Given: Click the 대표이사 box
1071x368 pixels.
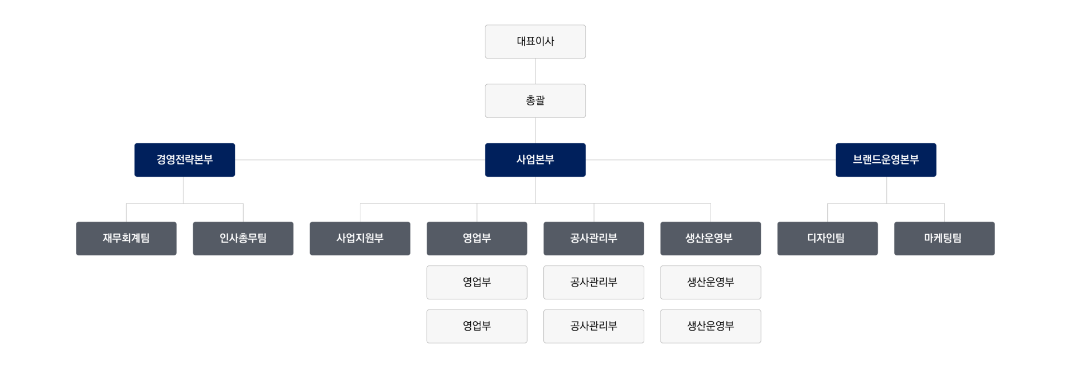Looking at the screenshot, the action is tap(535, 41).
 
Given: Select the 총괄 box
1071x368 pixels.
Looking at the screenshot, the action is tap(535, 100).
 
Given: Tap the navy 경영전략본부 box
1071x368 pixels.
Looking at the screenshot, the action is tap(185, 160).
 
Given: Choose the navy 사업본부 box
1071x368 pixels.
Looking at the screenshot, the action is tap(535, 160).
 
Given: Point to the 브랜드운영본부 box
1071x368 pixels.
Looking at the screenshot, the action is tap(886, 160).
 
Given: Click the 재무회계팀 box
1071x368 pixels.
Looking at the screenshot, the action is tap(126, 239).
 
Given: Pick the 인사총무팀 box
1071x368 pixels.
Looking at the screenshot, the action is tap(243, 239).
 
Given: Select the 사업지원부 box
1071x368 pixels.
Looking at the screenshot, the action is tap(360, 239).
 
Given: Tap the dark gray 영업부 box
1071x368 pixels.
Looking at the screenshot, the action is tap(477, 239).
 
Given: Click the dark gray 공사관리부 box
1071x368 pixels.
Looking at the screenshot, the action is tap(594, 239).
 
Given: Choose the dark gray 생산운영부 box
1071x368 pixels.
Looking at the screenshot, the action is tap(711, 239).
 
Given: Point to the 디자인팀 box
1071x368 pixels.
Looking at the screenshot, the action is tap(827, 239).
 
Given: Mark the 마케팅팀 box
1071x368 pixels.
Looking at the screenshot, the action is tap(944, 239).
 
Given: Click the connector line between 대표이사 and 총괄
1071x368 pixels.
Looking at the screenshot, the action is tap(535, 71).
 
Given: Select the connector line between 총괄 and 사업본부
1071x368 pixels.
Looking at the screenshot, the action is tap(535, 130).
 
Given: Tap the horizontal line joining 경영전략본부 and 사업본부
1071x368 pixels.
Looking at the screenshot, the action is tap(360, 160).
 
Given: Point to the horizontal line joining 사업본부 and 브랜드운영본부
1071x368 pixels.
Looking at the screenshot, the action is tap(711, 160).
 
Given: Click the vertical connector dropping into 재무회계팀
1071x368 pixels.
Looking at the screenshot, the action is tap(127, 212).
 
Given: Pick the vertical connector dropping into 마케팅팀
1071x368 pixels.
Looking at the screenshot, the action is tap(944, 212).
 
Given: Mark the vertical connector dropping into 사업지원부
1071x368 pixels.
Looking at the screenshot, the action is tap(360, 212).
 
